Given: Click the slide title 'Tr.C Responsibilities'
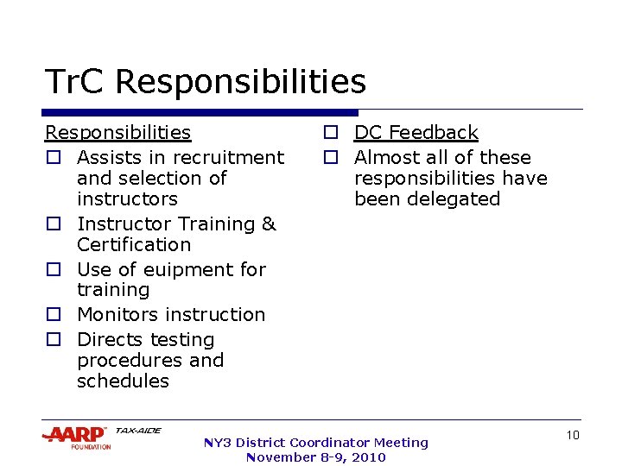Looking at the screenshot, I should [x=206, y=83].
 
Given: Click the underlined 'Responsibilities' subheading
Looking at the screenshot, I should [x=117, y=133].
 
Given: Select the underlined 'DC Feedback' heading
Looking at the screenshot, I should [x=416, y=133].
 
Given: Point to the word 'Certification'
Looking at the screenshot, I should [x=133, y=244].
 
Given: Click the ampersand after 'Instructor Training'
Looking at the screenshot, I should [x=269, y=224].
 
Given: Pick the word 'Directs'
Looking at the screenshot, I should [x=110, y=340].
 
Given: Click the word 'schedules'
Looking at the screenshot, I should [x=123, y=381].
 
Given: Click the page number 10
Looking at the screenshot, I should [x=572, y=436].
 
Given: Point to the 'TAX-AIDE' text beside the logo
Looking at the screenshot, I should [x=138, y=431].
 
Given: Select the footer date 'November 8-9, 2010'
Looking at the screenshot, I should [x=315, y=457].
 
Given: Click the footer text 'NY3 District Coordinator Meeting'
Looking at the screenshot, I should [x=315, y=443].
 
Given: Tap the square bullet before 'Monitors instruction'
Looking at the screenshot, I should [x=53, y=316].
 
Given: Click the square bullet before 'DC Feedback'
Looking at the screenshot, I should [x=330, y=134].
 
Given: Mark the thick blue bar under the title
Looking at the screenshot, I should [x=200, y=112].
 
